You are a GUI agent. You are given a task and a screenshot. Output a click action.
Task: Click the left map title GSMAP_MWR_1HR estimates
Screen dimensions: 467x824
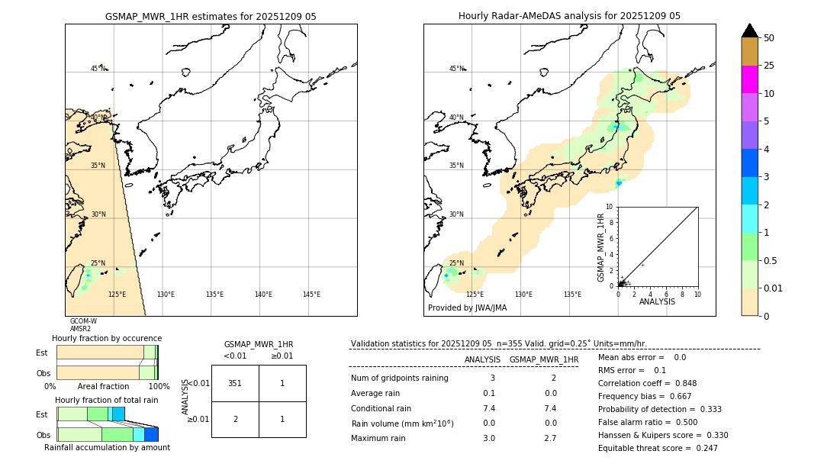(x=211, y=16)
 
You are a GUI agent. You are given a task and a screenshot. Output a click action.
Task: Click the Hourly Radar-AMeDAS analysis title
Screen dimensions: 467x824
(x=569, y=16)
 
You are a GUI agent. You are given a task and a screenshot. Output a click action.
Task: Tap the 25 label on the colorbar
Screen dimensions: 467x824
(x=769, y=66)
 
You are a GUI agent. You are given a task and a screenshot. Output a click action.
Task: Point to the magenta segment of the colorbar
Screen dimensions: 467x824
(x=749, y=79)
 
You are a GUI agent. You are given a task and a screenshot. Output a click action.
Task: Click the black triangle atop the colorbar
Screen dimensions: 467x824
(x=749, y=31)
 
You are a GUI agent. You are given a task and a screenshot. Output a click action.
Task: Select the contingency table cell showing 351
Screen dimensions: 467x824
(x=235, y=383)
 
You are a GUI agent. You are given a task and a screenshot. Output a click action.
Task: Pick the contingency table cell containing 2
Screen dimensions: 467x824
(x=235, y=419)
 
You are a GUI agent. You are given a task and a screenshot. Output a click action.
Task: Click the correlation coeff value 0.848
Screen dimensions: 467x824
(x=681, y=383)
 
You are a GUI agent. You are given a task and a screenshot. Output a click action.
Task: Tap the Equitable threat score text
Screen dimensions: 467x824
(x=645, y=448)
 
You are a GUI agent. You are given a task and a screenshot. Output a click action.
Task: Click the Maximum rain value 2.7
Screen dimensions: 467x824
(x=549, y=438)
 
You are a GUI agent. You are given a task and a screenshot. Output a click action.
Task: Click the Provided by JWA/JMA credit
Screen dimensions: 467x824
(x=467, y=308)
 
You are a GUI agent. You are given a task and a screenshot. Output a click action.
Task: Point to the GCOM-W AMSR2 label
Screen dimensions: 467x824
(x=82, y=325)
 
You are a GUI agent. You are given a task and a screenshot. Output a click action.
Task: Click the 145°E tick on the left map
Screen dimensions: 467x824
(x=311, y=295)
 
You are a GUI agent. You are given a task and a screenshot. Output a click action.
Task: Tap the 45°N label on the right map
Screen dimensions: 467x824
(x=455, y=69)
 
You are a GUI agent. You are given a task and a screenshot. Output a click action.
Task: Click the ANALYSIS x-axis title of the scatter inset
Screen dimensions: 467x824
(x=657, y=301)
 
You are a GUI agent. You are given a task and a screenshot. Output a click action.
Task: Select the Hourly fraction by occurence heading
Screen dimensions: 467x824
(x=107, y=338)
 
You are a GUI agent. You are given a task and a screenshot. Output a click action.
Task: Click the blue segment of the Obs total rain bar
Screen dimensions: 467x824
(x=151, y=434)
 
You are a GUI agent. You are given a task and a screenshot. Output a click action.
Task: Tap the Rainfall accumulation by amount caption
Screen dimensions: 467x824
(x=107, y=447)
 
